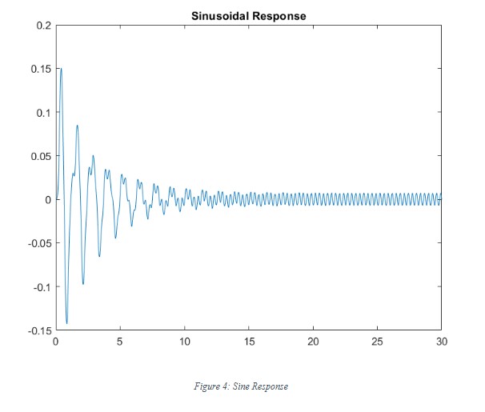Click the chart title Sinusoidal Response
pos(248,15)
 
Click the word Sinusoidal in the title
pos(218,15)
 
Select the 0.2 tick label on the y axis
pos(42,26)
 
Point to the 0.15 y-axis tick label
pos(39,70)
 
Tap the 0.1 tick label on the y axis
pos(42,113)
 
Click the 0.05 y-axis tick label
pos(39,156)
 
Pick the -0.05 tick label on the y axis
pos(38,242)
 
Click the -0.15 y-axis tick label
pos(38,330)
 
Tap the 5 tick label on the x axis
pos(120,341)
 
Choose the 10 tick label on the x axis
pos(184,341)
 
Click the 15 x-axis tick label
pos(249,341)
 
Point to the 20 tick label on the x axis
pos(313,341)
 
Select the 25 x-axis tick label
pos(377,341)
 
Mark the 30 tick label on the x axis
pos(441,341)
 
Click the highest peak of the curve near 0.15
pos(61,69)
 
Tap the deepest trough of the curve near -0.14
pos(66,323)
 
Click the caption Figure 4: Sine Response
pos(241,386)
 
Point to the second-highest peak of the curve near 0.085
pos(78,125)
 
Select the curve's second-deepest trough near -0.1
pos(82,284)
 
